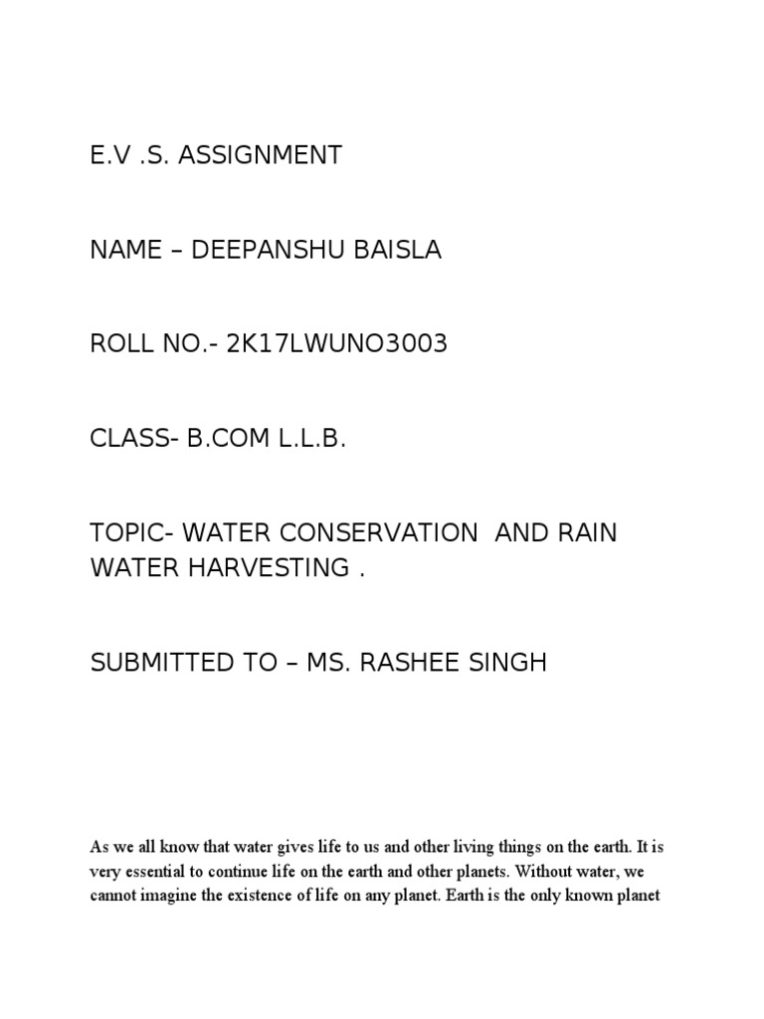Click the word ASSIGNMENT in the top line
click(261, 155)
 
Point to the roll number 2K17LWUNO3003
click(337, 344)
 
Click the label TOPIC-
click(127, 533)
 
